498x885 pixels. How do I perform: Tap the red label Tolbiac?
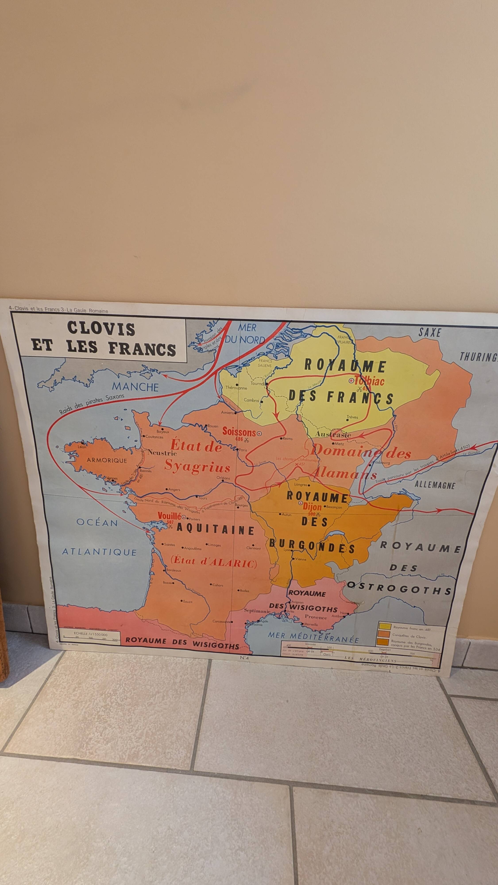pos(369,381)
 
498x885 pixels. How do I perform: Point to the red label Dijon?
pos(312,506)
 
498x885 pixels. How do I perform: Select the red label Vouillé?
pos(169,516)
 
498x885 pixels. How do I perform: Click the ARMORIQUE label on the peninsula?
pos(107,460)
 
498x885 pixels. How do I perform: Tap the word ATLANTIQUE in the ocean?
pos(99,552)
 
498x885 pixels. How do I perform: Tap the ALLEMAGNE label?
pos(435,485)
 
